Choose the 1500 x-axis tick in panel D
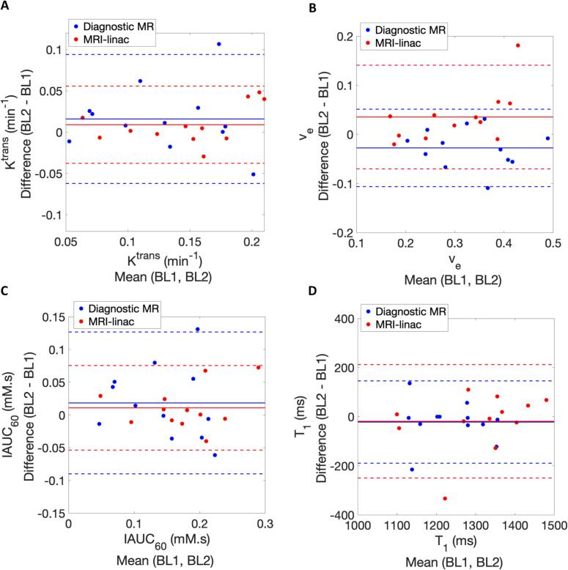click(552, 525)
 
